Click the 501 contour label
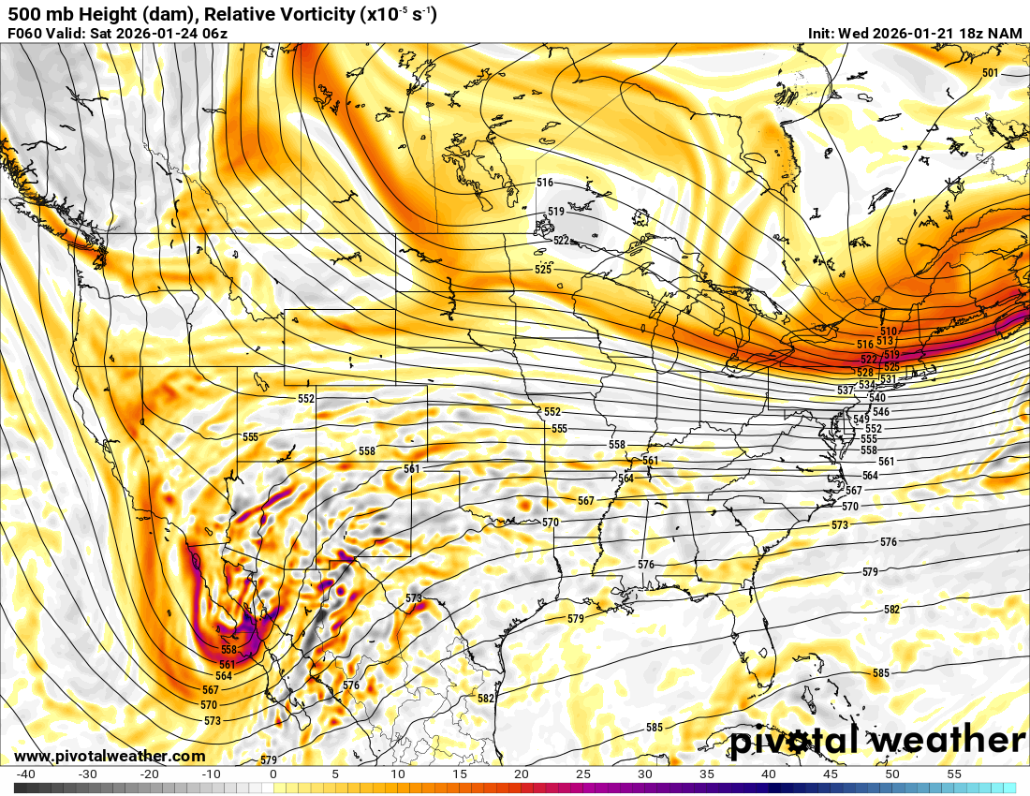(x=991, y=73)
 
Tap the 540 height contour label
(x=876, y=398)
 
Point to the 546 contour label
(x=880, y=412)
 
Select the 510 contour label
(x=889, y=332)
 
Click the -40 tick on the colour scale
(x=25, y=774)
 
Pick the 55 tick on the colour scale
(x=954, y=774)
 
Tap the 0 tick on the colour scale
(x=272, y=774)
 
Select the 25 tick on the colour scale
(x=582, y=774)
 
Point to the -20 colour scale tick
(x=149, y=774)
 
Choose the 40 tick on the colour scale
(x=769, y=774)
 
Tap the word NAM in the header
(x=1007, y=34)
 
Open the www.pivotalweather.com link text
(x=110, y=757)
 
